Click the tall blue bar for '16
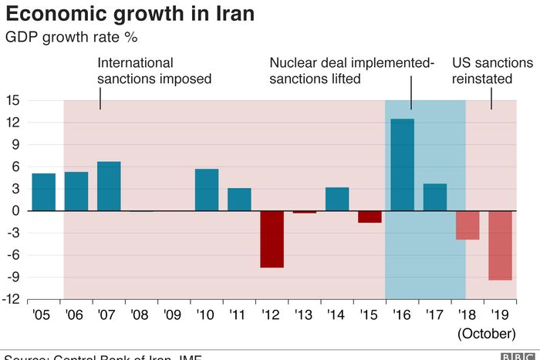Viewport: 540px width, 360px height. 403,164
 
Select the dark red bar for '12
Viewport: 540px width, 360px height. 272,239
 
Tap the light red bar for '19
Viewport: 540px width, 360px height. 501,245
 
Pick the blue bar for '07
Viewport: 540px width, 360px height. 109,186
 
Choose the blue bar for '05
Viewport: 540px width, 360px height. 43,192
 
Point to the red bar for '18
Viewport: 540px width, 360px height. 467,225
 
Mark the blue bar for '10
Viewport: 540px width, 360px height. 207,190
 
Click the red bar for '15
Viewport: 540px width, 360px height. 370,217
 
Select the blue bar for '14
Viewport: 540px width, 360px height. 337,199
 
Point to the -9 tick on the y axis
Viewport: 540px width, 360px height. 13,278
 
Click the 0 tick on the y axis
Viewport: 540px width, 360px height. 16,210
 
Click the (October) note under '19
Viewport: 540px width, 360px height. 487,334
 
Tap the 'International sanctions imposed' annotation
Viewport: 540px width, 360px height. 154,70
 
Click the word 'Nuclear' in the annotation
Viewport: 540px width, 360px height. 294,62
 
